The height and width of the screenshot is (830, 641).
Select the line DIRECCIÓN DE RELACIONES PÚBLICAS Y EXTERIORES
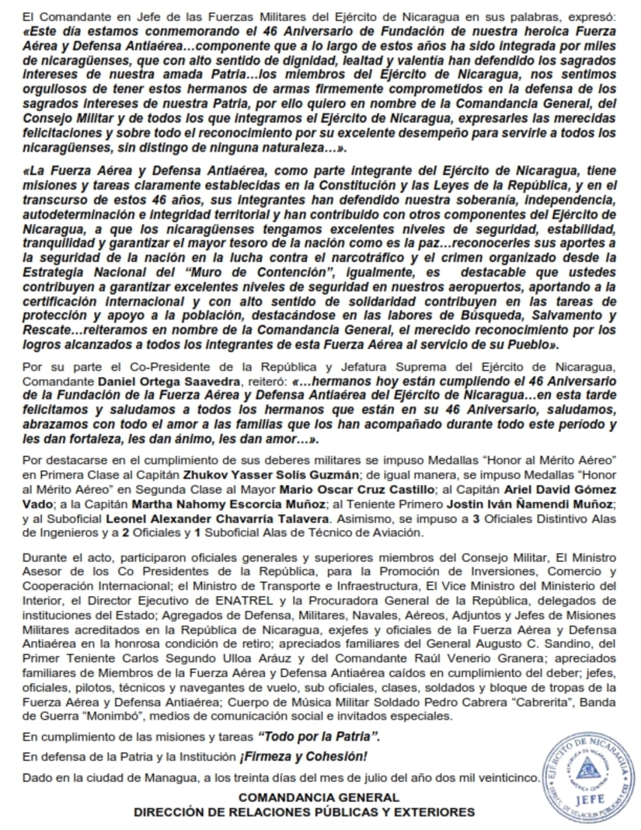click(304, 812)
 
